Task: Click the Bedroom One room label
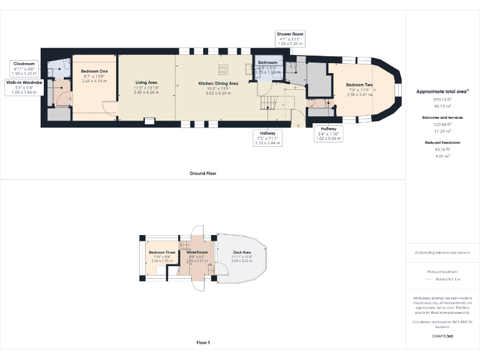coord(94,71)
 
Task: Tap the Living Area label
coord(146,82)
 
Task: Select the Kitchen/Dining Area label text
coord(218,83)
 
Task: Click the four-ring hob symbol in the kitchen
coord(223,68)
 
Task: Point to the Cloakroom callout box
coord(25,68)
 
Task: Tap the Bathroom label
coord(267,62)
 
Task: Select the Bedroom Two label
coord(360,84)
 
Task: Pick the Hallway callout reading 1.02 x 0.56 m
coord(328,133)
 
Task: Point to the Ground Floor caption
coord(203,173)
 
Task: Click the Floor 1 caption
coord(203,342)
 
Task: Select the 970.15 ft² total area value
coord(442,99)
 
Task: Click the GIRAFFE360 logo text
coord(442,336)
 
